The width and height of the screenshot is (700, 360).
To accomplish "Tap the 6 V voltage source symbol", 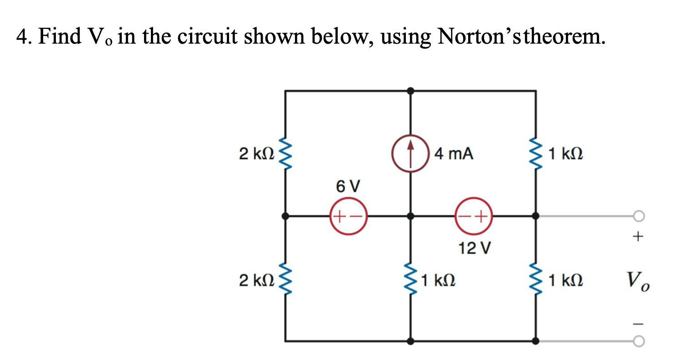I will click(348, 216).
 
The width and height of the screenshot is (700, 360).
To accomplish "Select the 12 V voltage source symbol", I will click(474, 216).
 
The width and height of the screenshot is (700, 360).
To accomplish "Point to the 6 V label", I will click(348, 186).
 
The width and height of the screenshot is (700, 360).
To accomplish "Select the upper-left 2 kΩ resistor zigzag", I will click(285, 154).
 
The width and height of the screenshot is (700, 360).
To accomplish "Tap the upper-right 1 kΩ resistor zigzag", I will click(536, 154).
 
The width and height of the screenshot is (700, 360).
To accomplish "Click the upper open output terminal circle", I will click(639, 216).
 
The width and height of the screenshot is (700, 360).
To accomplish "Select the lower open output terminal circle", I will click(639, 341).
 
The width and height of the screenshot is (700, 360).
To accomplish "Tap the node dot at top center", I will click(410, 91).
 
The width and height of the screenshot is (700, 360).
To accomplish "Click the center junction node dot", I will click(410, 216).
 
